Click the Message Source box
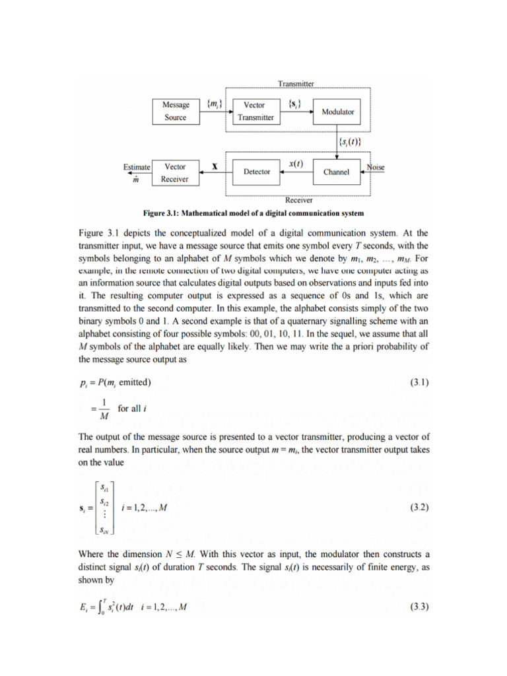(x=176, y=111)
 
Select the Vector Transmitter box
(x=255, y=111)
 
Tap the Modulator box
(x=337, y=112)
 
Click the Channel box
(x=336, y=172)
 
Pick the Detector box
(x=257, y=172)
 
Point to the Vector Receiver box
(x=175, y=173)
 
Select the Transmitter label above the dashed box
(x=296, y=84)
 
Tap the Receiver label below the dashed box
(x=299, y=199)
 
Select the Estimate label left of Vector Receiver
(x=137, y=168)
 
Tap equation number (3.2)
(x=416, y=508)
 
